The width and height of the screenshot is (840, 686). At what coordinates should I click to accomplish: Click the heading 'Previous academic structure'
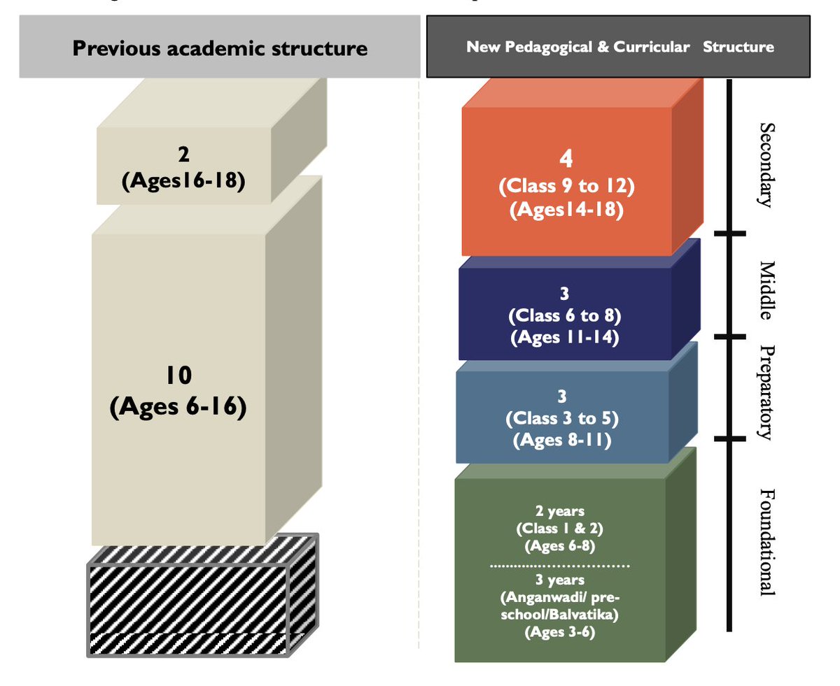(220, 49)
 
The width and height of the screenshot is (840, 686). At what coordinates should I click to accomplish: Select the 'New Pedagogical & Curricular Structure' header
(619, 48)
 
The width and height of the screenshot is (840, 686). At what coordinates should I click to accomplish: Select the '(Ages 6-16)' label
(178, 406)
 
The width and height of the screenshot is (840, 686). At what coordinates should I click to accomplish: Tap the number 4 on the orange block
(566, 160)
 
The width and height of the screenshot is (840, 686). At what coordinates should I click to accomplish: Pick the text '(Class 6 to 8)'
(564, 316)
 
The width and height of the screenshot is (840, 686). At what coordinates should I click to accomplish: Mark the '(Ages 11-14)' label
(564, 337)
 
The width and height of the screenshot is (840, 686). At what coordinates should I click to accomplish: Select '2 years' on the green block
(563, 510)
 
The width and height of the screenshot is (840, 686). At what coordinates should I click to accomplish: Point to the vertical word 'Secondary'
(767, 166)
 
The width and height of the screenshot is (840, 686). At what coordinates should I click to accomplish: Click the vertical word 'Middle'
(767, 290)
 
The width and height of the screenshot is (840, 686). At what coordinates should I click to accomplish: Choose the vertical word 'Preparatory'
(767, 392)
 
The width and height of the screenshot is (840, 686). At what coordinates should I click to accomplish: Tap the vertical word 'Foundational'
(767, 542)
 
